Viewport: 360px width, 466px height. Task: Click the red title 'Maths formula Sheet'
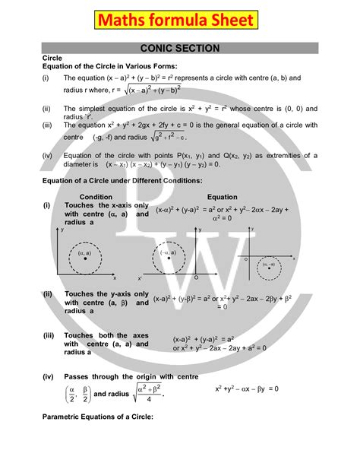pyautogui.click(x=180, y=17)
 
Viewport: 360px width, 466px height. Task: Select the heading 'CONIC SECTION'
pyautogui.click(x=180, y=48)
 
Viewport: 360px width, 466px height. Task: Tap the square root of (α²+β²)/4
pyautogui.click(x=142, y=393)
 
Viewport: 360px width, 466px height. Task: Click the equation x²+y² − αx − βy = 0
pyautogui.click(x=247, y=388)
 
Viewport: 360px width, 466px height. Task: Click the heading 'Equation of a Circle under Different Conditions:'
pyautogui.click(x=121, y=180)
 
